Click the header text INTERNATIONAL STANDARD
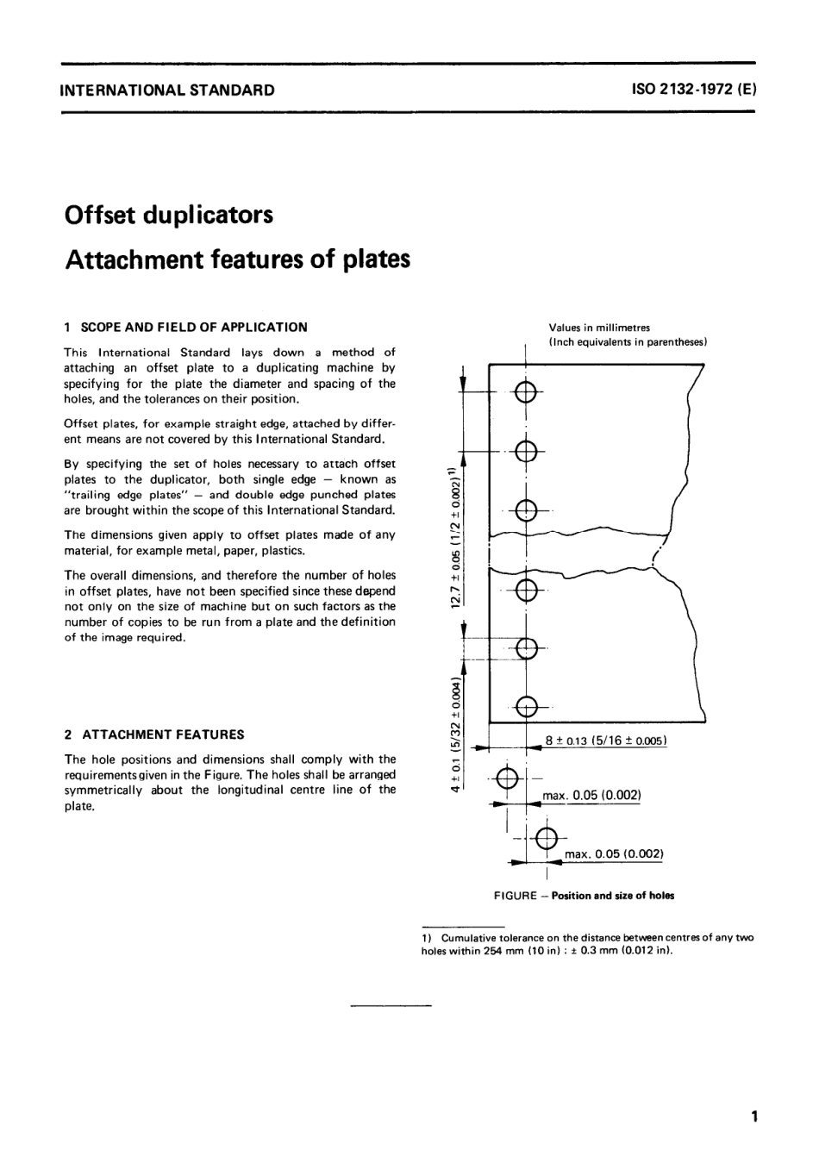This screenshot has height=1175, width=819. tap(167, 90)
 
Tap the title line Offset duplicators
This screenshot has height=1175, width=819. tap(169, 214)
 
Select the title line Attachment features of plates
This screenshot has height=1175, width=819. tap(237, 259)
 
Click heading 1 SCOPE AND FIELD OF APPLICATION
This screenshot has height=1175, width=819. tap(186, 327)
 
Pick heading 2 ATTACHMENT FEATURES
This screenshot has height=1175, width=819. tap(154, 734)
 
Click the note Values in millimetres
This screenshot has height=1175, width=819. tap(599, 328)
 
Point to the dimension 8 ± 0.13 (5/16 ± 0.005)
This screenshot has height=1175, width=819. tap(606, 741)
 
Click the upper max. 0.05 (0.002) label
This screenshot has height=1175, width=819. tap(591, 795)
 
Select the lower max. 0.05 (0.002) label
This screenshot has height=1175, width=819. tap(613, 854)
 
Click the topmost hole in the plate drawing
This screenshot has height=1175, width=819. tap(526, 394)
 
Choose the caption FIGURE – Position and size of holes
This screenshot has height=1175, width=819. tap(584, 895)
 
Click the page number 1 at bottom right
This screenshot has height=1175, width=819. tap(753, 1118)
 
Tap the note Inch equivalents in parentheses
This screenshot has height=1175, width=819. tap(628, 341)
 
